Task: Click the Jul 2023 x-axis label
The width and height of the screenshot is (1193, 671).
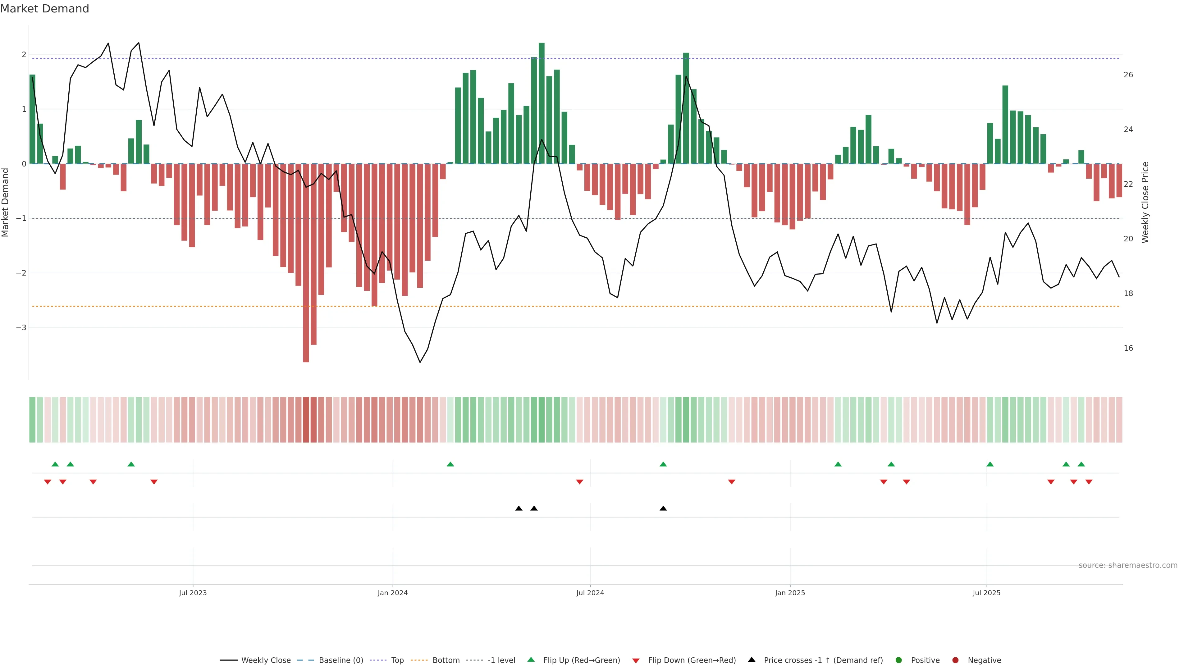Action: pyautogui.click(x=193, y=593)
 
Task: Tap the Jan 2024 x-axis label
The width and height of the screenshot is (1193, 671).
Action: pyautogui.click(x=392, y=593)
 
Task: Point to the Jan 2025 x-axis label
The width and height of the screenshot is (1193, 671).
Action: pyautogui.click(x=790, y=593)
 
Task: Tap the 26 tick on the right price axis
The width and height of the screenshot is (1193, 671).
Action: pyautogui.click(x=1128, y=75)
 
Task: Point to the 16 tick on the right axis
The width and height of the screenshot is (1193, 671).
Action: pyautogui.click(x=1128, y=348)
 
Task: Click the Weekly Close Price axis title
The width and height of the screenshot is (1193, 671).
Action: pyautogui.click(x=1145, y=202)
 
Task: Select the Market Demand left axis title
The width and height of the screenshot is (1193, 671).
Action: pyautogui.click(x=6, y=202)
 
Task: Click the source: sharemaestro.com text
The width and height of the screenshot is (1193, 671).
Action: pyautogui.click(x=1128, y=565)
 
